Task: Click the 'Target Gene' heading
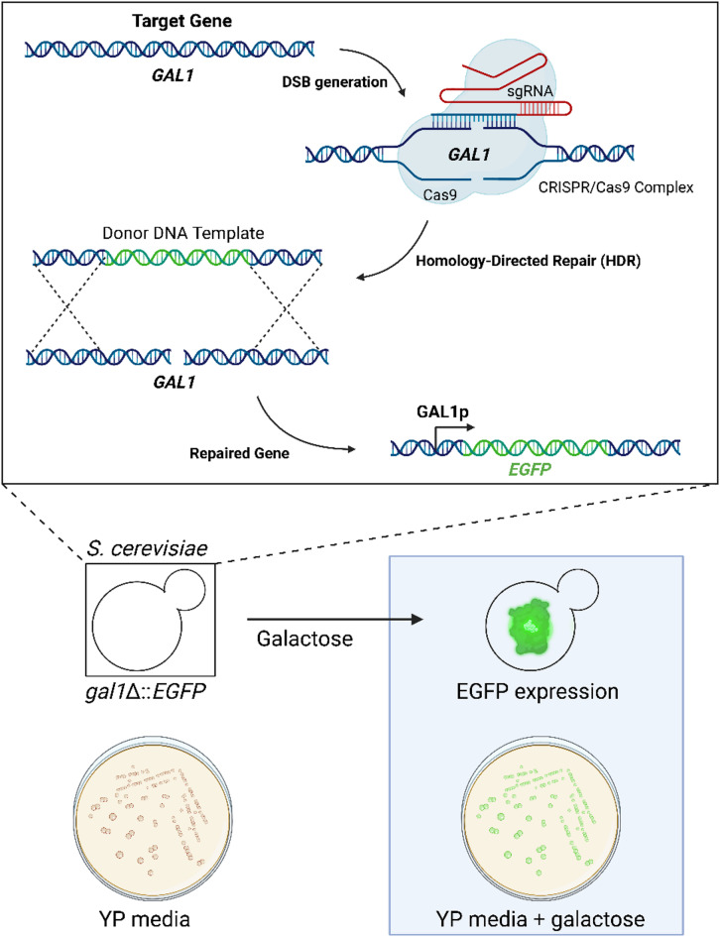click(181, 22)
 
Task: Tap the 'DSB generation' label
click(334, 82)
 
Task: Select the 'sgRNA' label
click(530, 91)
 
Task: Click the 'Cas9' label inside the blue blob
click(439, 194)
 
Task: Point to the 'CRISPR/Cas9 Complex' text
click(616, 187)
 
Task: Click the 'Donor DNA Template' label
click(183, 232)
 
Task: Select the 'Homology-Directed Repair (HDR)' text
click(529, 261)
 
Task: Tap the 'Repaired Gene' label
click(239, 453)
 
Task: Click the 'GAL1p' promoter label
click(442, 411)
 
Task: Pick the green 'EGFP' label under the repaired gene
click(530, 470)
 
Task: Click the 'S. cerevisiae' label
click(147, 548)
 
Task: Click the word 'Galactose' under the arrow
click(304, 639)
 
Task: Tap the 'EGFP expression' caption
click(538, 691)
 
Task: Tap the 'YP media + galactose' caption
click(540, 918)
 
